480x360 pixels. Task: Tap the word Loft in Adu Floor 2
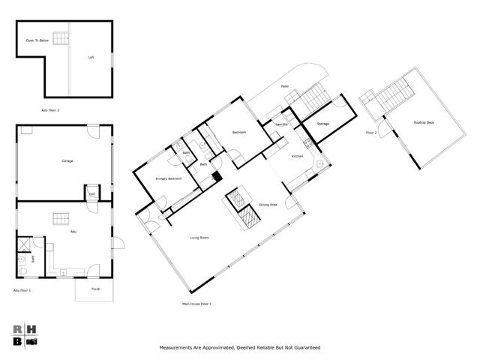[x=91, y=57]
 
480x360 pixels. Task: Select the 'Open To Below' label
[x=37, y=40]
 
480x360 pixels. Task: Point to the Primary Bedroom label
[x=169, y=178]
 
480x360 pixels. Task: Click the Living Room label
[x=198, y=237]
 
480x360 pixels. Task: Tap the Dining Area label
[x=268, y=205]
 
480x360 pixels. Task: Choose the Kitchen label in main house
[x=297, y=156]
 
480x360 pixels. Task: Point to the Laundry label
[x=282, y=124]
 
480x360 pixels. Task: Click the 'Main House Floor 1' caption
[x=196, y=304]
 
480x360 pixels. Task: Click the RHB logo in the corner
[x=25, y=335]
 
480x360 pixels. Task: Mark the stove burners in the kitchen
[x=307, y=142]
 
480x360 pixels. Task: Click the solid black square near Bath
[x=217, y=178]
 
